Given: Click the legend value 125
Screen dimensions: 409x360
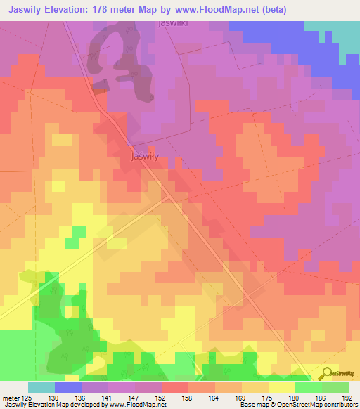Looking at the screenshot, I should pyautogui.click(x=26, y=397).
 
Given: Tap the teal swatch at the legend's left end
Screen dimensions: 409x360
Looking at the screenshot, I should pyautogui.click(x=41, y=387).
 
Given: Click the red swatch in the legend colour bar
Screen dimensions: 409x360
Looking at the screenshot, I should pyautogui.click(x=174, y=387).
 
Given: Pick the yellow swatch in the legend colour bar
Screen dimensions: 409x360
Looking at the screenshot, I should pyautogui.click(x=281, y=387).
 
